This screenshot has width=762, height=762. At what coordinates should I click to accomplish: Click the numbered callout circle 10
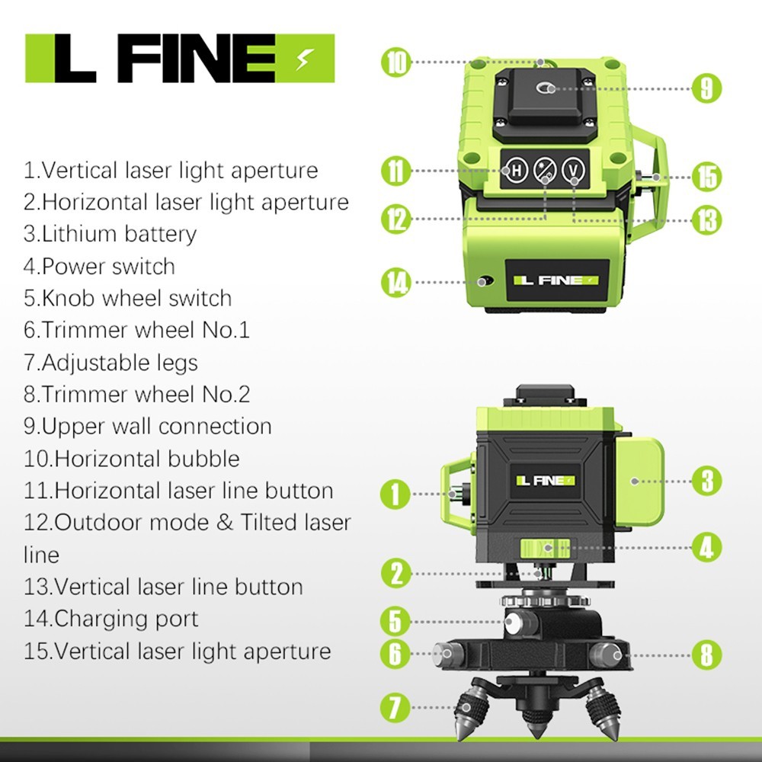pyautogui.click(x=395, y=62)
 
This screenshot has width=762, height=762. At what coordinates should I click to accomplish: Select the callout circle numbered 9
pyautogui.click(x=706, y=88)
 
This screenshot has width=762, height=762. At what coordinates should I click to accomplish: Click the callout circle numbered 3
pyautogui.click(x=706, y=481)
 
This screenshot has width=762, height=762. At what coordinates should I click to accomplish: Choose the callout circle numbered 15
pyautogui.click(x=706, y=177)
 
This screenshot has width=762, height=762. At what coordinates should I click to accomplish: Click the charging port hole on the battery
pyautogui.click(x=482, y=281)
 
